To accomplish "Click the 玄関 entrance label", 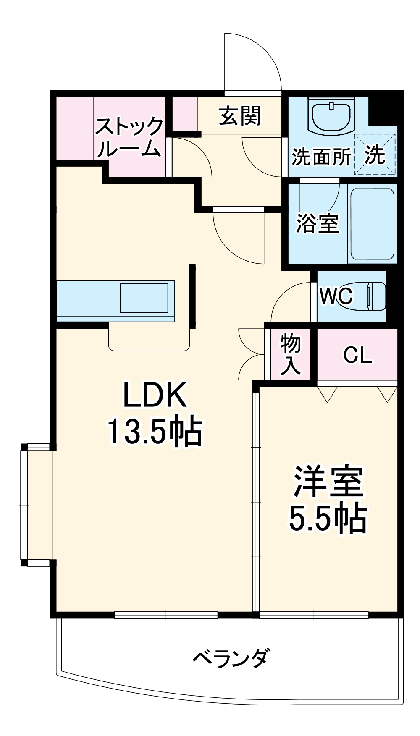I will pos(240,116).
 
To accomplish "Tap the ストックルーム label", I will pos(129,137).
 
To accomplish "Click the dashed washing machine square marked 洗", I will pos(375,155).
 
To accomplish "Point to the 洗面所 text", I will pos(321,157).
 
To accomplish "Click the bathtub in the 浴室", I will pos(372,224).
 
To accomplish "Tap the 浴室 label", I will pos(317,223).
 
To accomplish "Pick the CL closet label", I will pos(357,355).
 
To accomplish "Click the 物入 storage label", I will pos(290,354).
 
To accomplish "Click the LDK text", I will pos(154,395).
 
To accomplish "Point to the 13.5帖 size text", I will pos(154,432).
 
